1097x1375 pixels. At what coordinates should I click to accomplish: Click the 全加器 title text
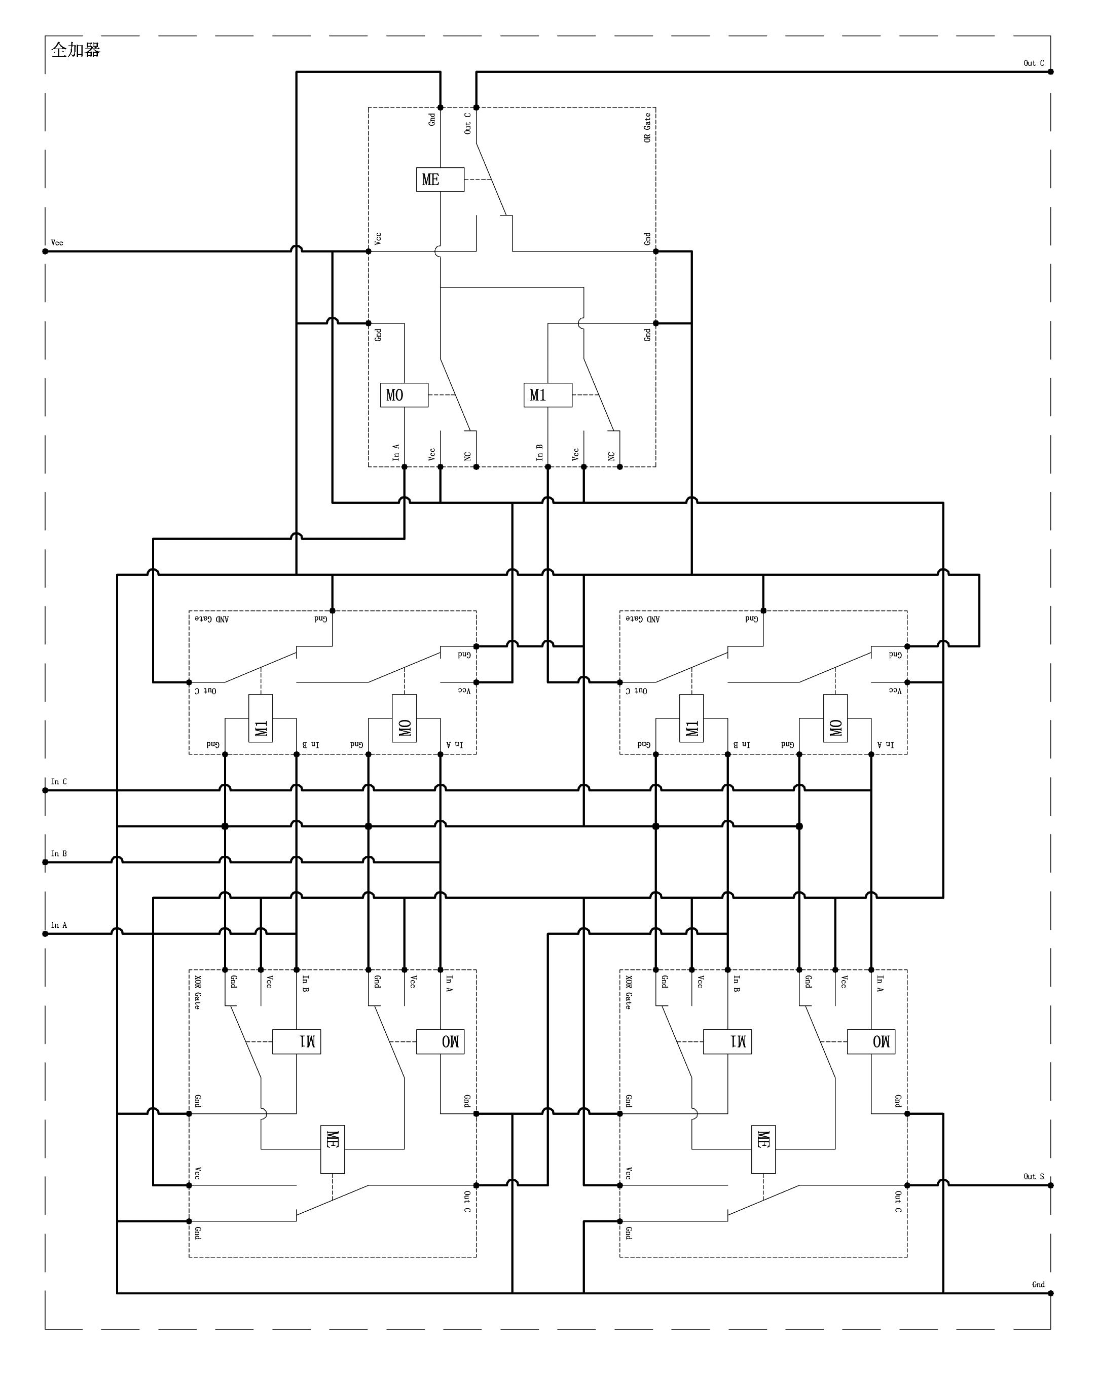76,50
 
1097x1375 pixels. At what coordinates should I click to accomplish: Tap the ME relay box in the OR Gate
440,180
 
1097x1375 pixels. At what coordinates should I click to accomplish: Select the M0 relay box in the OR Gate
404,395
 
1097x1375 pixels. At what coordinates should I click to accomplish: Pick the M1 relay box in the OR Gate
547,395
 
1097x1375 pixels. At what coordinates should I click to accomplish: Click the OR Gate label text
647,128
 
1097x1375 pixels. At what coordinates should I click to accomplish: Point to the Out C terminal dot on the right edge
1050,71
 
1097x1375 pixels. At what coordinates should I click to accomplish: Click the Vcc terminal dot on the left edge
45,251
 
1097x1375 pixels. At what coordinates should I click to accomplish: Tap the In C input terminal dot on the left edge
45,790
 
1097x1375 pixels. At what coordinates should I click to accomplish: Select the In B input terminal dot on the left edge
45,862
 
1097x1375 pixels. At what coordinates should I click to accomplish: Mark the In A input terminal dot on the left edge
45,934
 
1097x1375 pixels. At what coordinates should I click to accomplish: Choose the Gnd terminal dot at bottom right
1050,1293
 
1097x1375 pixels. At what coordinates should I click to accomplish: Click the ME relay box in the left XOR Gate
332,1149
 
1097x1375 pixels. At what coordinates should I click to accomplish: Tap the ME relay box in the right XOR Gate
763,1149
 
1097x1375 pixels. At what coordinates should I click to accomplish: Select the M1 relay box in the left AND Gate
260,718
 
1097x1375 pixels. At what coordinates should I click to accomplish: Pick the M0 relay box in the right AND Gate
835,718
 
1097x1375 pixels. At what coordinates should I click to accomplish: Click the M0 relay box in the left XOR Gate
440,1041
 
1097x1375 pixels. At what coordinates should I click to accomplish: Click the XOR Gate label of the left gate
198,992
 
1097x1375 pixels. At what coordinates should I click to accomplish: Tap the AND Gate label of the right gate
642,619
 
